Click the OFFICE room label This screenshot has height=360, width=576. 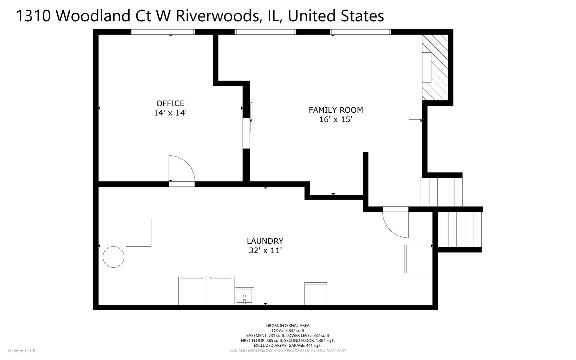click(x=170, y=103)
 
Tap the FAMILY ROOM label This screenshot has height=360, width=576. click(x=336, y=110)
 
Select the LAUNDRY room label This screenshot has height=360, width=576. click(x=265, y=241)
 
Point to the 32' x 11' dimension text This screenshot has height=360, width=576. click(x=266, y=250)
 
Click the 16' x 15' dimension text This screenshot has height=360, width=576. click(x=336, y=119)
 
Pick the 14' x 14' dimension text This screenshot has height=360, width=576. click(x=170, y=113)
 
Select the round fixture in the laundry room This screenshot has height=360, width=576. click(x=114, y=257)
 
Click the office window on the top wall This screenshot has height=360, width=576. click(x=163, y=32)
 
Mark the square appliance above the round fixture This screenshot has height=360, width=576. click(x=139, y=233)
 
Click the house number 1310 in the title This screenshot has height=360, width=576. click(x=33, y=16)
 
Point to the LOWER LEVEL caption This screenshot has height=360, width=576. click(x=22, y=351)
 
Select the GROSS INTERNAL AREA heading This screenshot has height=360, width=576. click(x=288, y=326)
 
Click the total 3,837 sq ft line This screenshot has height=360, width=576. click(x=288, y=331)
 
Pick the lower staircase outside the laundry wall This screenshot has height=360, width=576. click(x=460, y=229)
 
